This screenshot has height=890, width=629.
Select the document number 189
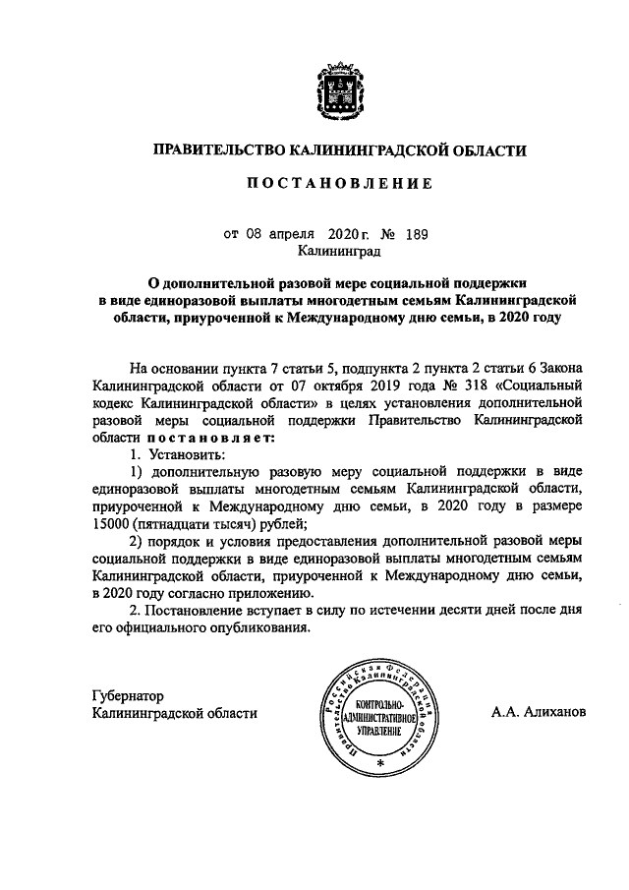pos(417,235)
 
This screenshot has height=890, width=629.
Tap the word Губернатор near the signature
pos(130,695)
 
